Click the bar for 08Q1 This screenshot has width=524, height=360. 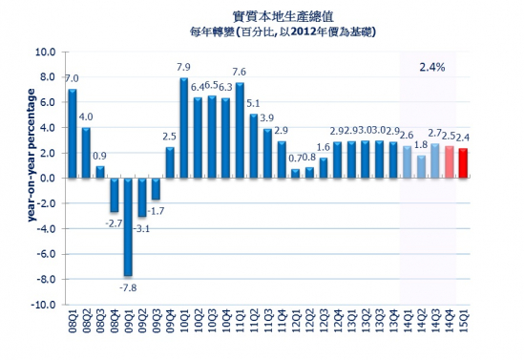pyautogui.click(x=73, y=134)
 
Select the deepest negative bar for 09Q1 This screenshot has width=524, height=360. pyautogui.click(x=127, y=227)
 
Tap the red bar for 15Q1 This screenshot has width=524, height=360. pyautogui.click(x=463, y=162)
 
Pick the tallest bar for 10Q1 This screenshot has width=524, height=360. pyautogui.click(x=183, y=127)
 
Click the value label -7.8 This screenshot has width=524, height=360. pyautogui.click(x=126, y=287)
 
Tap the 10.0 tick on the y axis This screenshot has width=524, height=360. pyautogui.click(x=44, y=51)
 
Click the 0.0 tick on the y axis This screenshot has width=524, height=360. pyautogui.click(x=46, y=178)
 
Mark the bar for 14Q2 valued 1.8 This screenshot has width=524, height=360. pyautogui.click(x=422, y=166)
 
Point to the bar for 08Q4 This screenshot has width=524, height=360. pyautogui.click(x=114, y=195)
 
